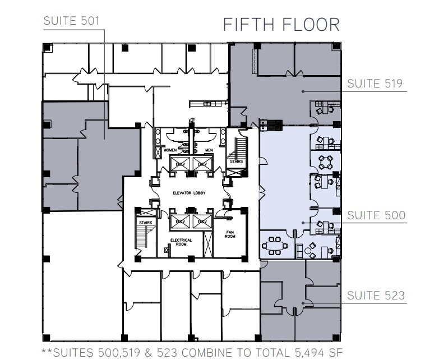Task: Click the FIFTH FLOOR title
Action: coord(281,25)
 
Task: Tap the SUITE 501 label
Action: coord(71,21)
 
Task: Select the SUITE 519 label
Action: coord(375,84)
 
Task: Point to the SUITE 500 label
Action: coord(375,215)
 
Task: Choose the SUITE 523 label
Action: coord(375,296)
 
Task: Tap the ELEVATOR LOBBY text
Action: coord(188,193)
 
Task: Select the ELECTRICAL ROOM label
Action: coord(182,242)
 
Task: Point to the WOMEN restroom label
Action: coord(170,150)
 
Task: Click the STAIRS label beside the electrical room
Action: coord(146,222)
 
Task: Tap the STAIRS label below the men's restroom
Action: coord(236,163)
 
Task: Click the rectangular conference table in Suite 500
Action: coord(274,245)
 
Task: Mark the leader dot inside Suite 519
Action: coord(303,90)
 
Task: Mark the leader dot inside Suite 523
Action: coord(303,303)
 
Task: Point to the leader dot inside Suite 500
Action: coord(303,223)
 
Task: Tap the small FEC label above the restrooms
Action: coord(192,119)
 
